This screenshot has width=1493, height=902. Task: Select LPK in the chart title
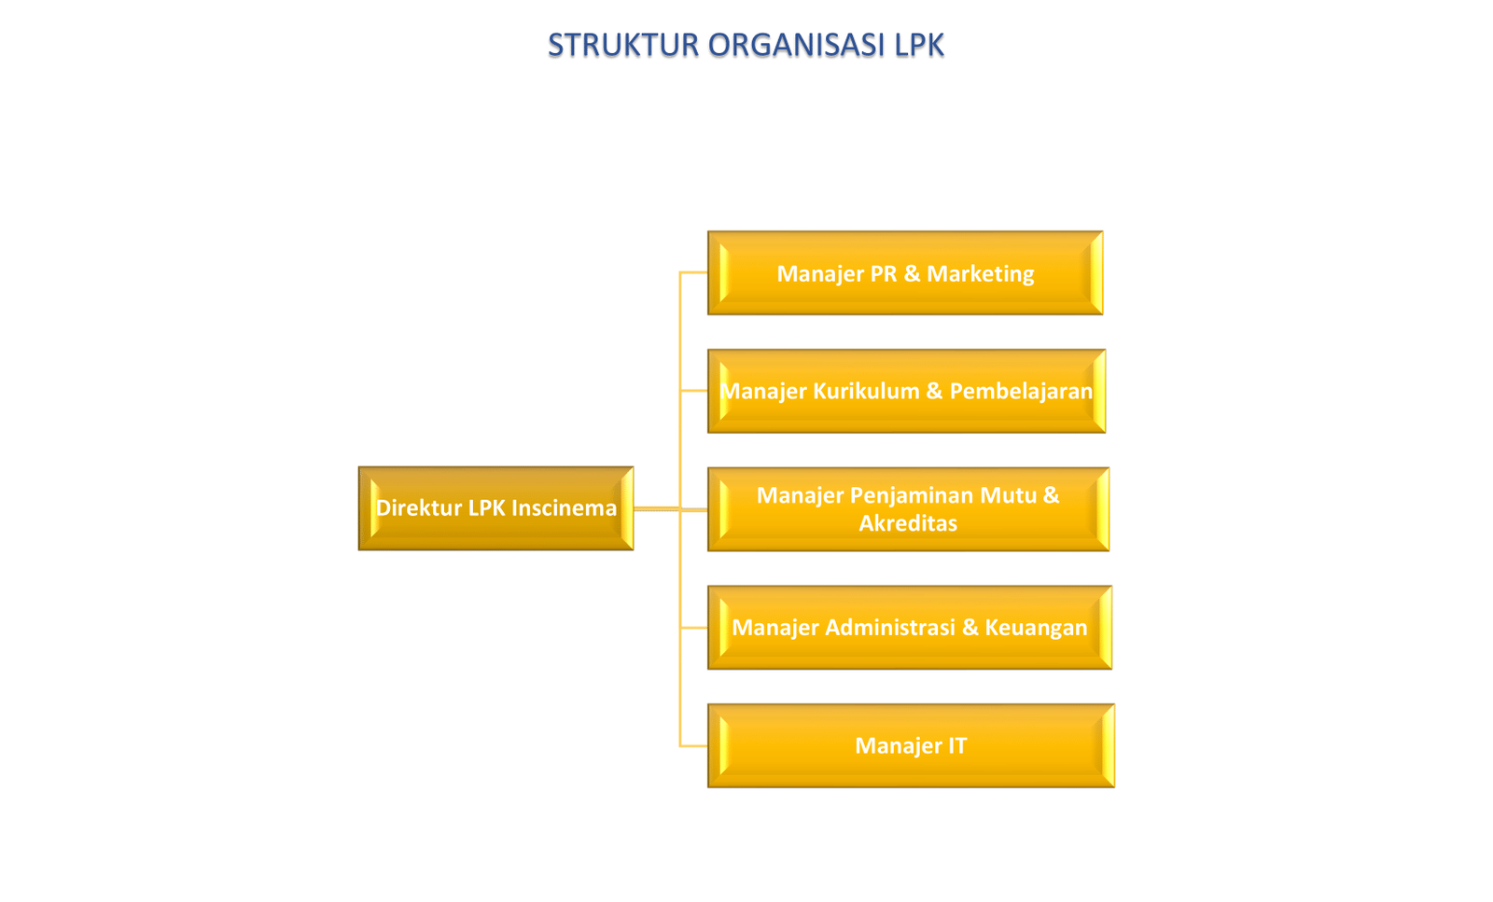pos(919,45)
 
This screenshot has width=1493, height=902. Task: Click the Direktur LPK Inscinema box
pos(495,508)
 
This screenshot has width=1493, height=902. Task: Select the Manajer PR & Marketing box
pos(905,273)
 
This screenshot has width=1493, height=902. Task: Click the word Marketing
pos(980,274)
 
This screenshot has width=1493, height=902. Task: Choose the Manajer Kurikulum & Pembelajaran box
pos(906,391)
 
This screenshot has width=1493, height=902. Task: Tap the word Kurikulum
pos(866,391)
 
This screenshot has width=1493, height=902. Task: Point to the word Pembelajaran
pos(1020,391)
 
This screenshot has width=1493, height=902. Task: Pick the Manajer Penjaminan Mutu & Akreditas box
pos(908,509)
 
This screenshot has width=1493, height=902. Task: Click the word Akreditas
pos(908,523)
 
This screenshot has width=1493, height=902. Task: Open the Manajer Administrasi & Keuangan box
pos(909,628)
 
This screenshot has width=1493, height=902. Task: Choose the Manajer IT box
pos(911,746)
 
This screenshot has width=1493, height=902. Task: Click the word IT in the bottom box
pos(957,746)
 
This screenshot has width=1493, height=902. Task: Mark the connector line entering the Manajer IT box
pos(693,746)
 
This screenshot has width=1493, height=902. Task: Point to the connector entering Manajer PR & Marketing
pos(693,272)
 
